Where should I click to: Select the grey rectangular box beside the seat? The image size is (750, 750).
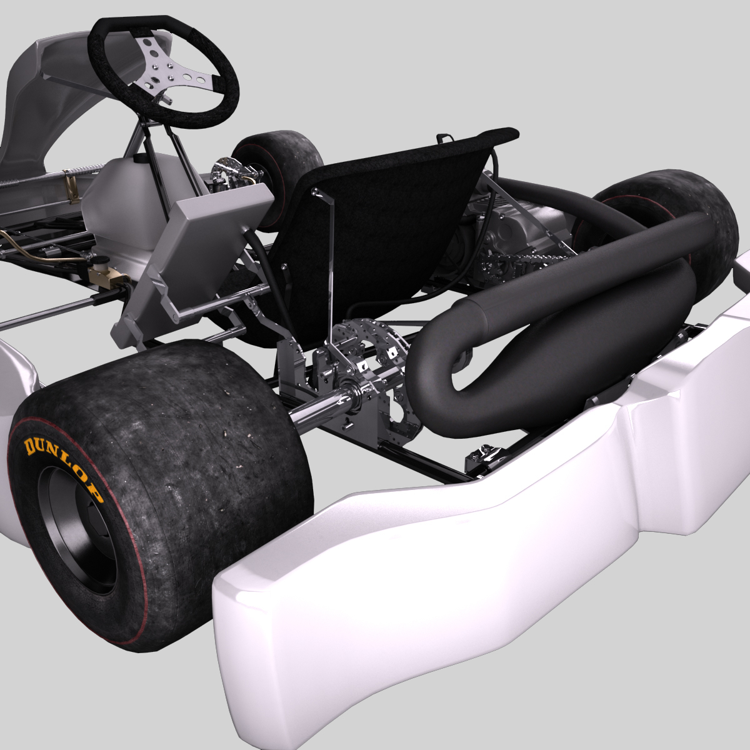pos(200,250)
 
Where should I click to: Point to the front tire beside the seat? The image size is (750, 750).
pos(281,162)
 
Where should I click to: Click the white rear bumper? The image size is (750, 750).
pos(437,562)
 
